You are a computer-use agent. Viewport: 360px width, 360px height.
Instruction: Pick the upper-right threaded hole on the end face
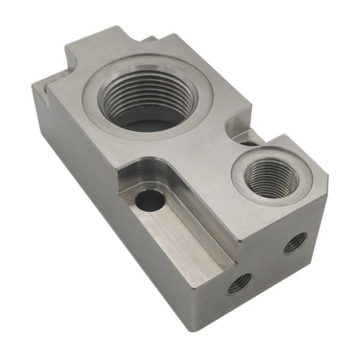coord(295,242)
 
